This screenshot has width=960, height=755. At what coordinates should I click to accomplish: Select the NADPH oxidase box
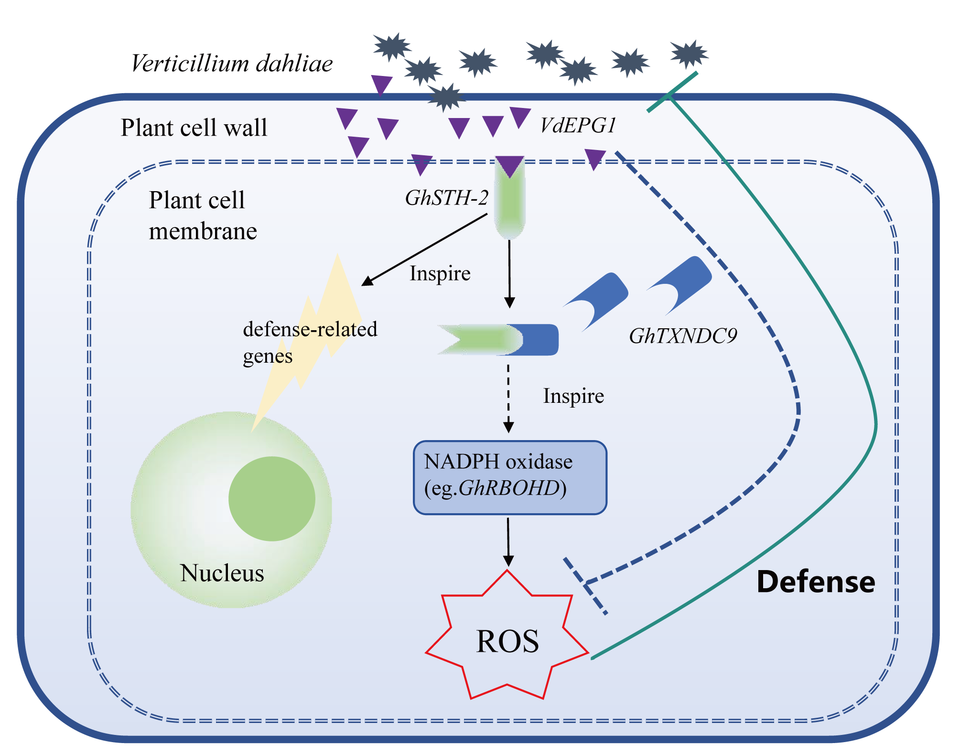pos(510,477)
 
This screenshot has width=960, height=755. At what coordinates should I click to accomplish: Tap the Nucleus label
pos(222,572)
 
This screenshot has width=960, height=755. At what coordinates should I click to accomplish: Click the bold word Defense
pos(816,582)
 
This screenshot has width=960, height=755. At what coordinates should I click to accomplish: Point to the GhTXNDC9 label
pos(683,336)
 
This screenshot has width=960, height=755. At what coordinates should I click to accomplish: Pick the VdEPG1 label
pos(578,126)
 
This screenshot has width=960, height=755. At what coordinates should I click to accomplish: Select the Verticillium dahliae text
pos(232,64)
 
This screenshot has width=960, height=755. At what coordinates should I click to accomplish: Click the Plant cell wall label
pos(194,128)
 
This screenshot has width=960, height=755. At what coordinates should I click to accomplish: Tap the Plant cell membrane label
pos(203,216)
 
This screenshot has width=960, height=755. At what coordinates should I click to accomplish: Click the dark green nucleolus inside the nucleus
pos(271,498)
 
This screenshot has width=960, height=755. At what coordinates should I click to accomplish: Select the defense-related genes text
pos(310,342)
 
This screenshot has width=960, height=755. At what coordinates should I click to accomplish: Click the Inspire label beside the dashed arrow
pos(573,396)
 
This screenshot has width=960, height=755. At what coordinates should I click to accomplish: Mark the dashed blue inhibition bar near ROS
pos(585,585)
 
